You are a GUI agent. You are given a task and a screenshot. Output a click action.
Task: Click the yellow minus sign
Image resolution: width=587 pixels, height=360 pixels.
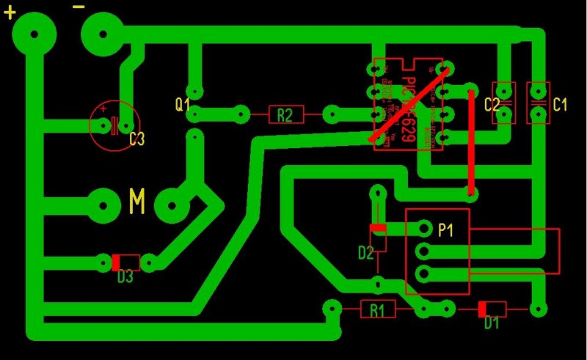coord(79,7)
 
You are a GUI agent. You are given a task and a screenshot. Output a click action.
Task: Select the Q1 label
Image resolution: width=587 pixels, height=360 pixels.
coord(182,103)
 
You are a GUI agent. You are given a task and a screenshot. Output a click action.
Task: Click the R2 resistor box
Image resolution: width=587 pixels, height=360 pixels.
coord(285,114)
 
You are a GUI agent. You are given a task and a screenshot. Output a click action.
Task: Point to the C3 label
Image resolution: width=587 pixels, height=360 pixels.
coord(136,139)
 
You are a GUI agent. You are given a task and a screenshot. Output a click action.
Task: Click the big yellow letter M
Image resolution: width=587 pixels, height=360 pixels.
coord(137,200)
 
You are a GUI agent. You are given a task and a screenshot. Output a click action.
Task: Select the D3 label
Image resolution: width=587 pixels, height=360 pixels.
coord(125,277)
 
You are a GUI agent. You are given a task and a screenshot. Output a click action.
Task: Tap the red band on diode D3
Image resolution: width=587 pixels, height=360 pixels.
coord(115,262)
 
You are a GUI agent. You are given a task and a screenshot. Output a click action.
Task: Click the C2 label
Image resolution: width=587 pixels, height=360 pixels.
coord(492,104)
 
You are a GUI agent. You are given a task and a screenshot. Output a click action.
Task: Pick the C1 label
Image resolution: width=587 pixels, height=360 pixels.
coord(560,104)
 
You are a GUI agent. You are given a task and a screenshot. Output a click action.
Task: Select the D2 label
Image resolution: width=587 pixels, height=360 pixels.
coord(366,254)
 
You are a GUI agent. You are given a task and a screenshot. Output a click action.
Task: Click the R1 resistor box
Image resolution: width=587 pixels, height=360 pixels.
coord(377,309)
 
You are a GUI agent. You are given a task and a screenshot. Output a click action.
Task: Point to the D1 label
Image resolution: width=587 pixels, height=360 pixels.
coord(491,323)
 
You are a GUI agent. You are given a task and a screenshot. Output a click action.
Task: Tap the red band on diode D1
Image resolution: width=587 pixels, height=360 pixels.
coord(482,309)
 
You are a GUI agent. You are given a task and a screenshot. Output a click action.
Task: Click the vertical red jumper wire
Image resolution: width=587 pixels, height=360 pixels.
coord(470,143)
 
